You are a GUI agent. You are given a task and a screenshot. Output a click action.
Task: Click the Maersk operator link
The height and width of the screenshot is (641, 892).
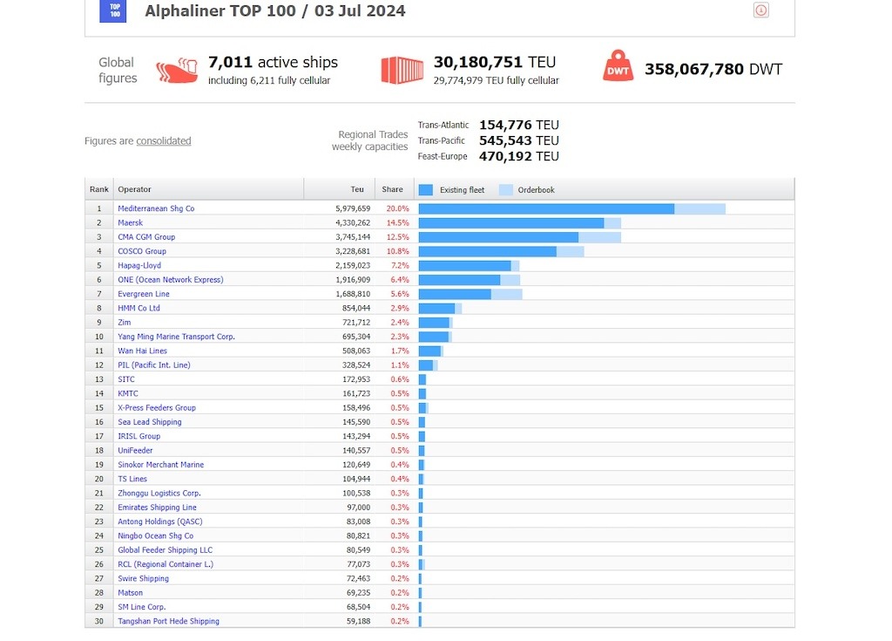pyautogui.click(x=131, y=223)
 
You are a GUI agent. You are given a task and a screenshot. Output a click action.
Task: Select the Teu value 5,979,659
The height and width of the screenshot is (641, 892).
pyautogui.click(x=352, y=209)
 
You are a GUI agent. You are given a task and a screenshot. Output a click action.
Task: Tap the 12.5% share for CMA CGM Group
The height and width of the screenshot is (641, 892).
pyautogui.click(x=397, y=237)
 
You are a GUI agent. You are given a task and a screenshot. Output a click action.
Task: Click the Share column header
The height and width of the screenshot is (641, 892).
pyautogui.click(x=392, y=189)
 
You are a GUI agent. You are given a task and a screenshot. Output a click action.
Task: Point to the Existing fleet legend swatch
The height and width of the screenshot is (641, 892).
pyautogui.click(x=426, y=190)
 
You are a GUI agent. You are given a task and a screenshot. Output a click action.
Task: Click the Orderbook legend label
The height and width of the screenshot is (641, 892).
pyautogui.click(x=536, y=190)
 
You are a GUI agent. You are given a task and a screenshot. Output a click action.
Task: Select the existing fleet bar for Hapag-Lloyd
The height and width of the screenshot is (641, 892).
pyautogui.click(x=464, y=266)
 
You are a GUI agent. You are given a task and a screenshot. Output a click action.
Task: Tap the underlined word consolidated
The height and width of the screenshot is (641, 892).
pyautogui.click(x=164, y=141)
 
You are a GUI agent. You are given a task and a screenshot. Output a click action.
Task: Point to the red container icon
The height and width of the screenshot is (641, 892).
pyautogui.click(x=402, y=70)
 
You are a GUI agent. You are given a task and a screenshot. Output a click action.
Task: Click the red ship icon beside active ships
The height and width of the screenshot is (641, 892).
pyautogui.click(x=177, y=71)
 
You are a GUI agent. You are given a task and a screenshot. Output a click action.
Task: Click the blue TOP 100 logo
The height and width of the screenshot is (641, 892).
pyautogui.click(x=113, y=11)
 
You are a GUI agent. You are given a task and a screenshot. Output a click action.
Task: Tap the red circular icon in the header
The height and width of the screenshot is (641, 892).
pyautogui.click(x=760, y=10)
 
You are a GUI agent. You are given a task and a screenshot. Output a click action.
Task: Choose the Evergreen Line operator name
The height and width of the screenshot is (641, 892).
pyautogui.click(x=144, y=295)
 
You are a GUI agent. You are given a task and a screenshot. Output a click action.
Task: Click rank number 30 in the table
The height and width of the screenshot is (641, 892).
pyautogui.click(x=99, y=621)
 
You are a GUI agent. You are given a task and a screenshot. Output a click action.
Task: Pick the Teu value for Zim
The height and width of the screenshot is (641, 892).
pyautogui.click(x=355, y=323)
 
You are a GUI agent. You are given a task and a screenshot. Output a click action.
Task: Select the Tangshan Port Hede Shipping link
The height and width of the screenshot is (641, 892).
pyautogui.click(x=168, y=621)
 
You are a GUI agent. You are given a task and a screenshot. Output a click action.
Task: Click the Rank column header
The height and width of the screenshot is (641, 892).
pyautogui.click(x=99, y=189)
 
